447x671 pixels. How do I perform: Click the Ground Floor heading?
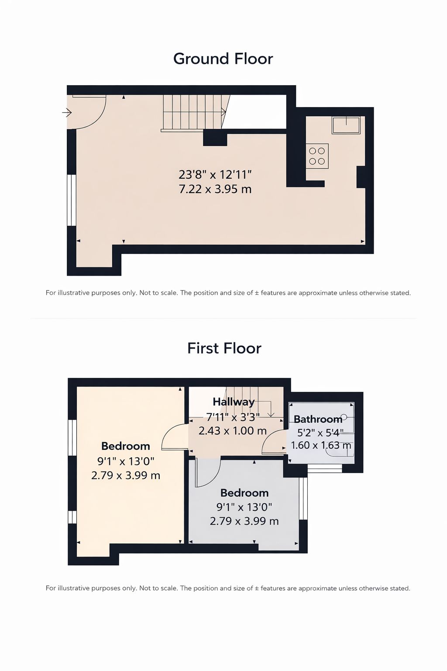pos(223,59)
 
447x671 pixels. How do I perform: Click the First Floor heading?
pos(224,348)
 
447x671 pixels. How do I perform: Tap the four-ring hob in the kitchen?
pos(317,156)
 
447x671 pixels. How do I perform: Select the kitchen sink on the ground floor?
pos(346,125)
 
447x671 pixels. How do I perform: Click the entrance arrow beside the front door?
pos(67,113)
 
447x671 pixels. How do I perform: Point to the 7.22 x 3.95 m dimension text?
pos(215,189)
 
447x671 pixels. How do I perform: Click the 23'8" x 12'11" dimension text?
pos(215,174)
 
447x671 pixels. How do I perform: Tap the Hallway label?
pos(234,402)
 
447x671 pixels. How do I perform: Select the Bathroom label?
pos(318,419)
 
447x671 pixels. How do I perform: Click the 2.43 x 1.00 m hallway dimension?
pos(233,431)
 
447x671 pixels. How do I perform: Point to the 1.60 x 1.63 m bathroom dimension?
pos(321,445)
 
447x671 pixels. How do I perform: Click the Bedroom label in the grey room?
pos(244,493)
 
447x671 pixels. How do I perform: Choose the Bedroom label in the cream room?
pos(125,446)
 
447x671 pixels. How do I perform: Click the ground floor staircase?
pos(193,113)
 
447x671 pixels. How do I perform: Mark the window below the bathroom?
pos(325,469)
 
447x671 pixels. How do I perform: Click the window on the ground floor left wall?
pos(71,200)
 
